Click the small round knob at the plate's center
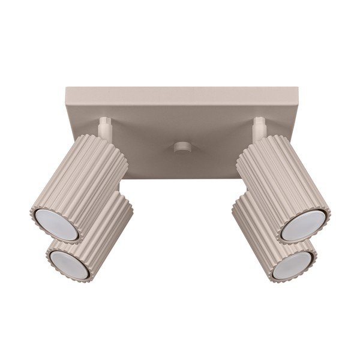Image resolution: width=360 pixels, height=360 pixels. pos(179,148)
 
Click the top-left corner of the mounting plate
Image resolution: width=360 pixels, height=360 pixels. pos(66,89)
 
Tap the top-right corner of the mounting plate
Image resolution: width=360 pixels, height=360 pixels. pos(297,89)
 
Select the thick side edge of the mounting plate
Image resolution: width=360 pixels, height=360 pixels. pos(180,96)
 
